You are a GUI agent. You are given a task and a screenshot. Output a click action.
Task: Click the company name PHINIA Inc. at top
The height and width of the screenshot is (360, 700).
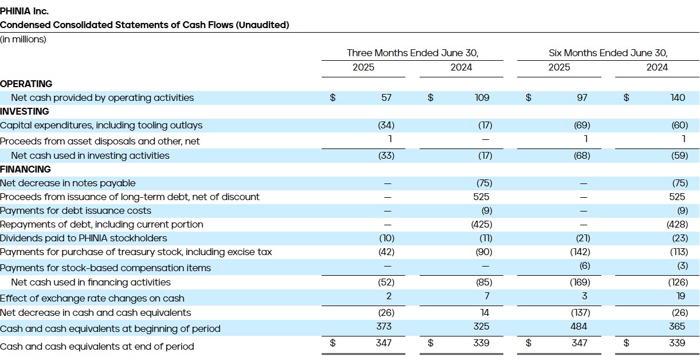click(24, 11)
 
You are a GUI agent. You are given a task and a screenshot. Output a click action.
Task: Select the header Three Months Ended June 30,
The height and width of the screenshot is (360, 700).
click(412, 53)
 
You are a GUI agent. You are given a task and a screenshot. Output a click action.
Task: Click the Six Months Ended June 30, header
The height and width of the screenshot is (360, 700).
click(608, 53)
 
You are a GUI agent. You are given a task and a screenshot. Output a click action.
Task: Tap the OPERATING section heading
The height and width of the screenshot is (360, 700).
click(26, 84)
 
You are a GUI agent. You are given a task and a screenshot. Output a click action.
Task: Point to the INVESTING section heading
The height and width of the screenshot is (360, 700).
click(25, 111)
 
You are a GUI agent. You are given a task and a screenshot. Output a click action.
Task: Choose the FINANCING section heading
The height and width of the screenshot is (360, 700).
click(26, 169)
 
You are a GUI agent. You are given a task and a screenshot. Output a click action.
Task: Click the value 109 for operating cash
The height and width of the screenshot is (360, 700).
click(482, 97)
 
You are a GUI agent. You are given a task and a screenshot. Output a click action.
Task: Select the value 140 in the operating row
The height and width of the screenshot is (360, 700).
click(678, 97)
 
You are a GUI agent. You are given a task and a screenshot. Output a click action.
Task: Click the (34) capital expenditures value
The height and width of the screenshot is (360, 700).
click(386, 125)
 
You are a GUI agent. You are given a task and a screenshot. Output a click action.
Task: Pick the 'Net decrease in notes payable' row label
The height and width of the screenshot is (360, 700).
click(68, 183)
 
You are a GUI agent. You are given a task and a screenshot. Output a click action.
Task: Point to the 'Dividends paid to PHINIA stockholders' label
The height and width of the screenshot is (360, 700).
click(84, 238)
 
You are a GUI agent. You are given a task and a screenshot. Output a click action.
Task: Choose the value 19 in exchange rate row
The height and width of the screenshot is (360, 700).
click(680, 296)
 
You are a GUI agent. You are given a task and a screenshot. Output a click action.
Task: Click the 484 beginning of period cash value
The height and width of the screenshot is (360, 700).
click(579, 326)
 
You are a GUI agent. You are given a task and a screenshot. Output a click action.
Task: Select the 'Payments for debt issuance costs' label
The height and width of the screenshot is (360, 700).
click(76, 210)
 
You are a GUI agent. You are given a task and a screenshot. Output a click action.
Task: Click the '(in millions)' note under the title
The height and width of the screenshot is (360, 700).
click(23, 39)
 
